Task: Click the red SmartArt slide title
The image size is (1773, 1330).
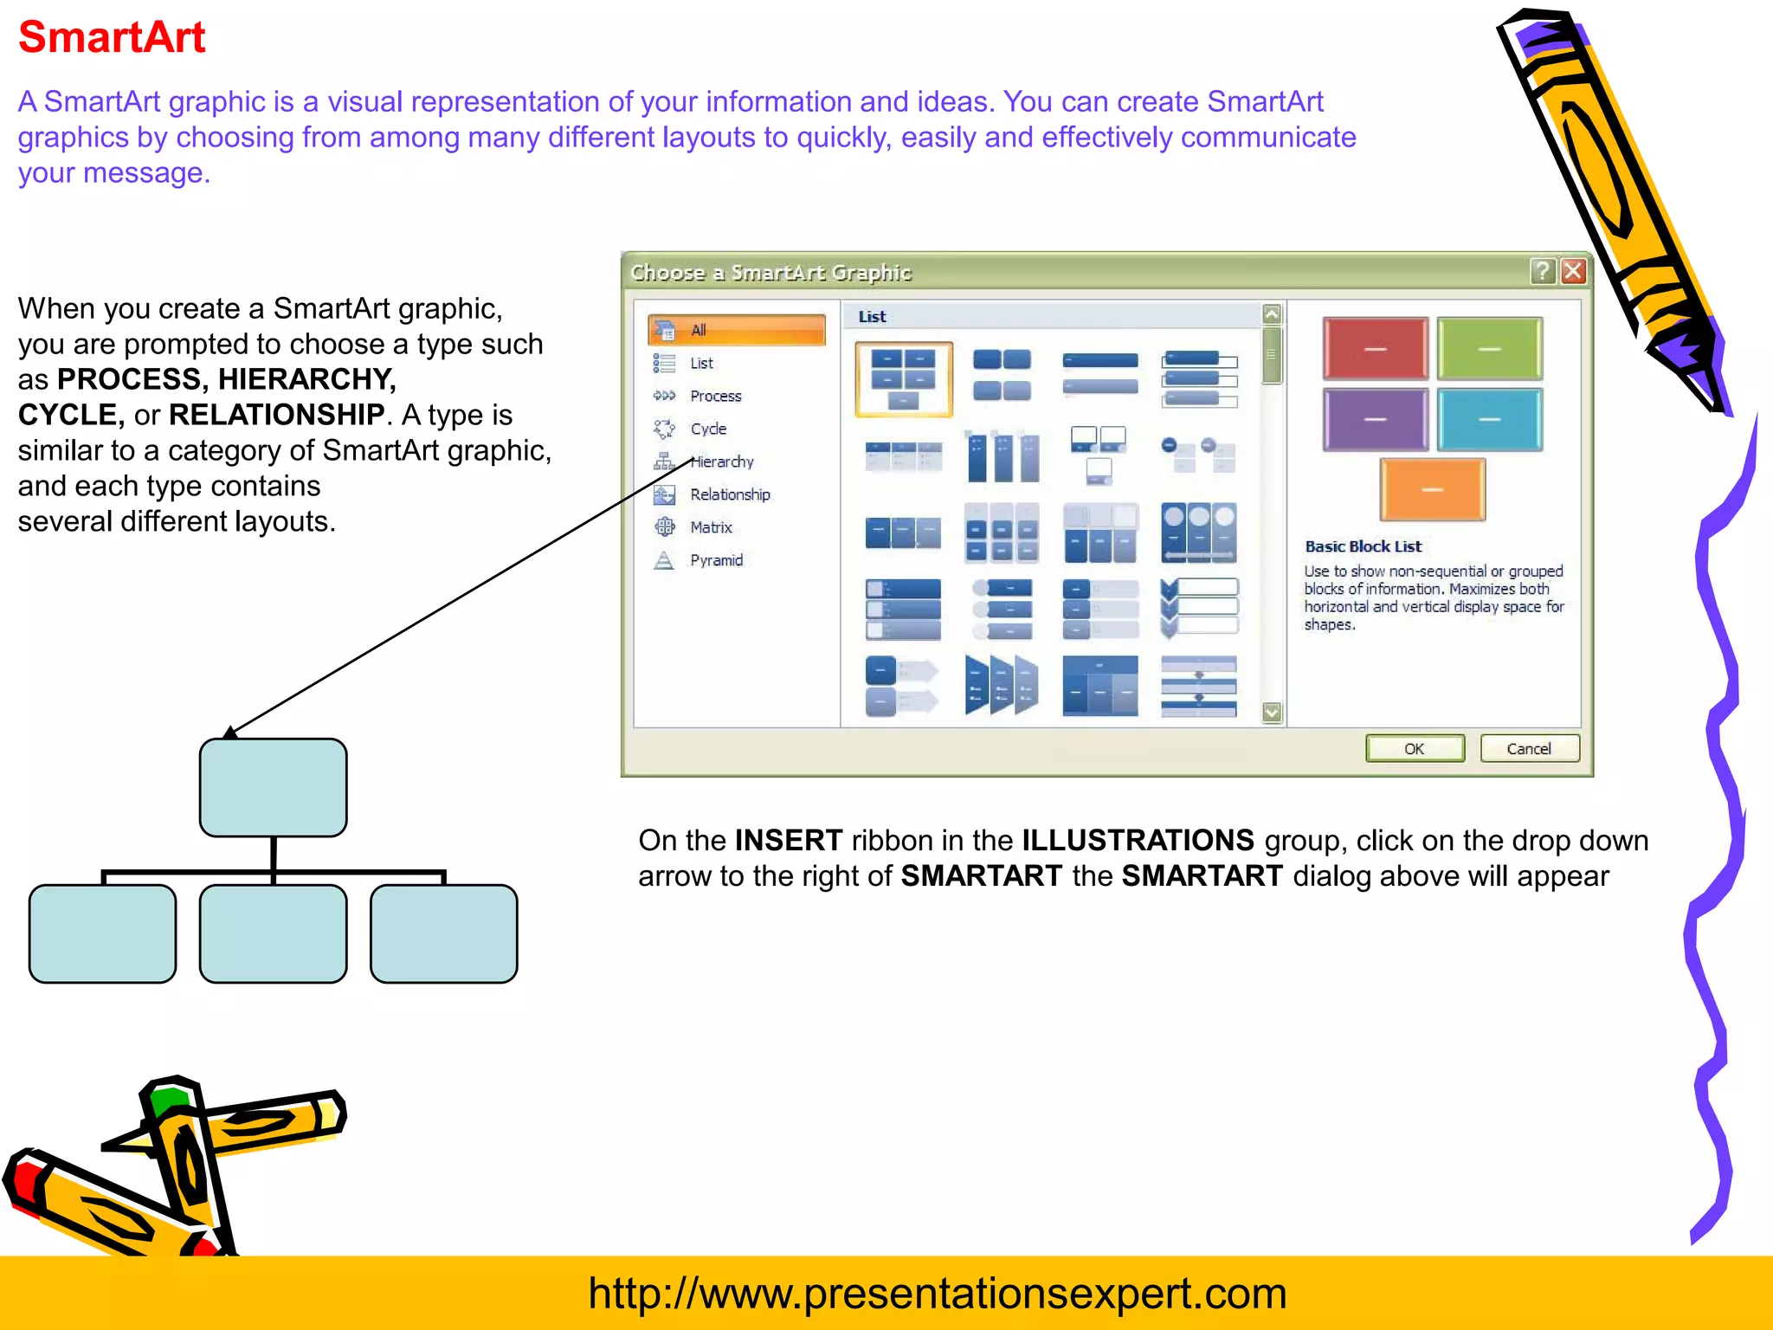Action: pos(112,38)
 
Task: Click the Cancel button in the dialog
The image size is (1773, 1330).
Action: pos(1529,749)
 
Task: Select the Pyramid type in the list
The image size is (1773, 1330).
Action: pos(716,560)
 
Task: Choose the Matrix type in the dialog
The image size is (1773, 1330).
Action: pos(711,527)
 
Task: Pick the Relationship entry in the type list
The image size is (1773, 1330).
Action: pos(730,494)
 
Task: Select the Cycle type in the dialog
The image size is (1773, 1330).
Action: pos(708,429)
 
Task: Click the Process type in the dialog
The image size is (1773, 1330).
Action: pos(715,396)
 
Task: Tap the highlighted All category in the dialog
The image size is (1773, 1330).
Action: pos(736,330)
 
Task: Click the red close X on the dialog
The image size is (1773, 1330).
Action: pos(1573,272)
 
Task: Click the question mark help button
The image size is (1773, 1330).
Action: pos(1542,272)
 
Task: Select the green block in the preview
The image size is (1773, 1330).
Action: pos(1489,349)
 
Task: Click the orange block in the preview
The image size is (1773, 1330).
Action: pos(1432,490)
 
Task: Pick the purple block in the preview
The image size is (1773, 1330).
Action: pos(1375,420)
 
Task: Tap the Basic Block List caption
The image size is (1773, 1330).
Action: pos(1363,546)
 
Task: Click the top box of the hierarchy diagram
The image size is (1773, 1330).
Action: pos(273,787)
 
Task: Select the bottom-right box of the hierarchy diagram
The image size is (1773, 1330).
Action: pos(443,933)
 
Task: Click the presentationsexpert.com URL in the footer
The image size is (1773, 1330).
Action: pos(937,1294)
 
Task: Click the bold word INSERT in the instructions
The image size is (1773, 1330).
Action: pos(788,841)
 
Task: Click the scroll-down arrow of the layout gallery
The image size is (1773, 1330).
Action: pos(1272,713)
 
